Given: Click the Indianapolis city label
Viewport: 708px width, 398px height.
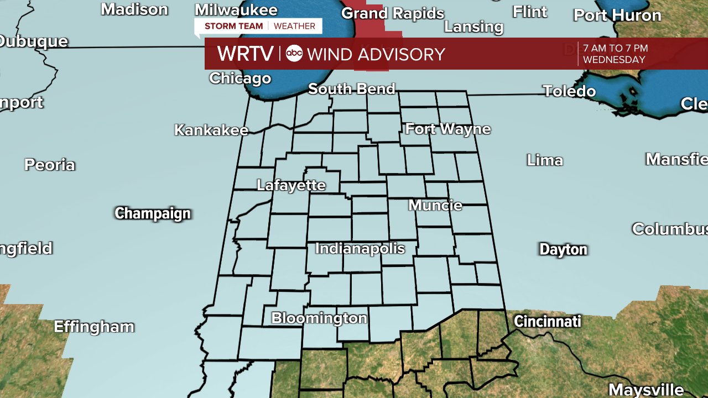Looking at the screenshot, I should (360, 249).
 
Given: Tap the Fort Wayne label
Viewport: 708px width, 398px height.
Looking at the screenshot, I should (448, 129).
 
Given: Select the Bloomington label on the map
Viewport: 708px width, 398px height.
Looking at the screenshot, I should (319, 318).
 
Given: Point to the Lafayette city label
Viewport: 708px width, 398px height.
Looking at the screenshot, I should (291, 185).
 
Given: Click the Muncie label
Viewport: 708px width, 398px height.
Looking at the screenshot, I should (435, 206).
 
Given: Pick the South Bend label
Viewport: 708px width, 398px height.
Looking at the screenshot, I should (352, 89).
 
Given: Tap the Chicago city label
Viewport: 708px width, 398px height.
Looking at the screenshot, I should (240, 78).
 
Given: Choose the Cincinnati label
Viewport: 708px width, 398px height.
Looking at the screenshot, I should (547, 321).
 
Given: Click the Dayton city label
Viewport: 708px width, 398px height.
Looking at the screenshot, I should (563, 250).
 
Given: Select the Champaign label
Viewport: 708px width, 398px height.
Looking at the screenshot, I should (153, 214).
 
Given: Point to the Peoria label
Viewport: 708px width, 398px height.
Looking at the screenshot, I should (50, 165).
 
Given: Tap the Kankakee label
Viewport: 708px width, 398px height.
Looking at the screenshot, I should (211, 130).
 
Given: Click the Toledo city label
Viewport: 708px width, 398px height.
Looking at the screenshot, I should (569, 91).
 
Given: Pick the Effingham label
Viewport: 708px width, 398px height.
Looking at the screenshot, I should (94, 327).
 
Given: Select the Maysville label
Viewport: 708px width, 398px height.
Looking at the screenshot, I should (646, 390).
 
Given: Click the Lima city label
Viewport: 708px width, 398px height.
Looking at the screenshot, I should (545, 161).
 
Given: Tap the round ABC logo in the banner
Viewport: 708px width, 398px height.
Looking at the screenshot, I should (294, 54).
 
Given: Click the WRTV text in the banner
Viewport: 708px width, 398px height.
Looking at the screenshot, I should (245, 54).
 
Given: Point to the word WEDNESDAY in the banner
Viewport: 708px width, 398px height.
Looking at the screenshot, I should (614, 60).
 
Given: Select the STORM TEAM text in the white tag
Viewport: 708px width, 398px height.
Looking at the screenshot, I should (233, 26).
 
